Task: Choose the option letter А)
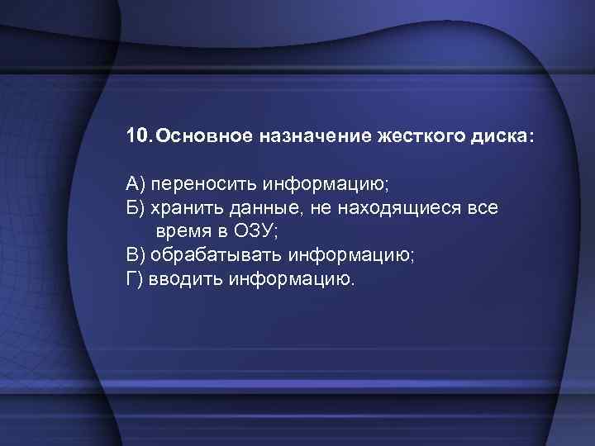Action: pos(137,182)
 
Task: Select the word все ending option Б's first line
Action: pos(482,207)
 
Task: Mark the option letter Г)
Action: pos(136,279)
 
